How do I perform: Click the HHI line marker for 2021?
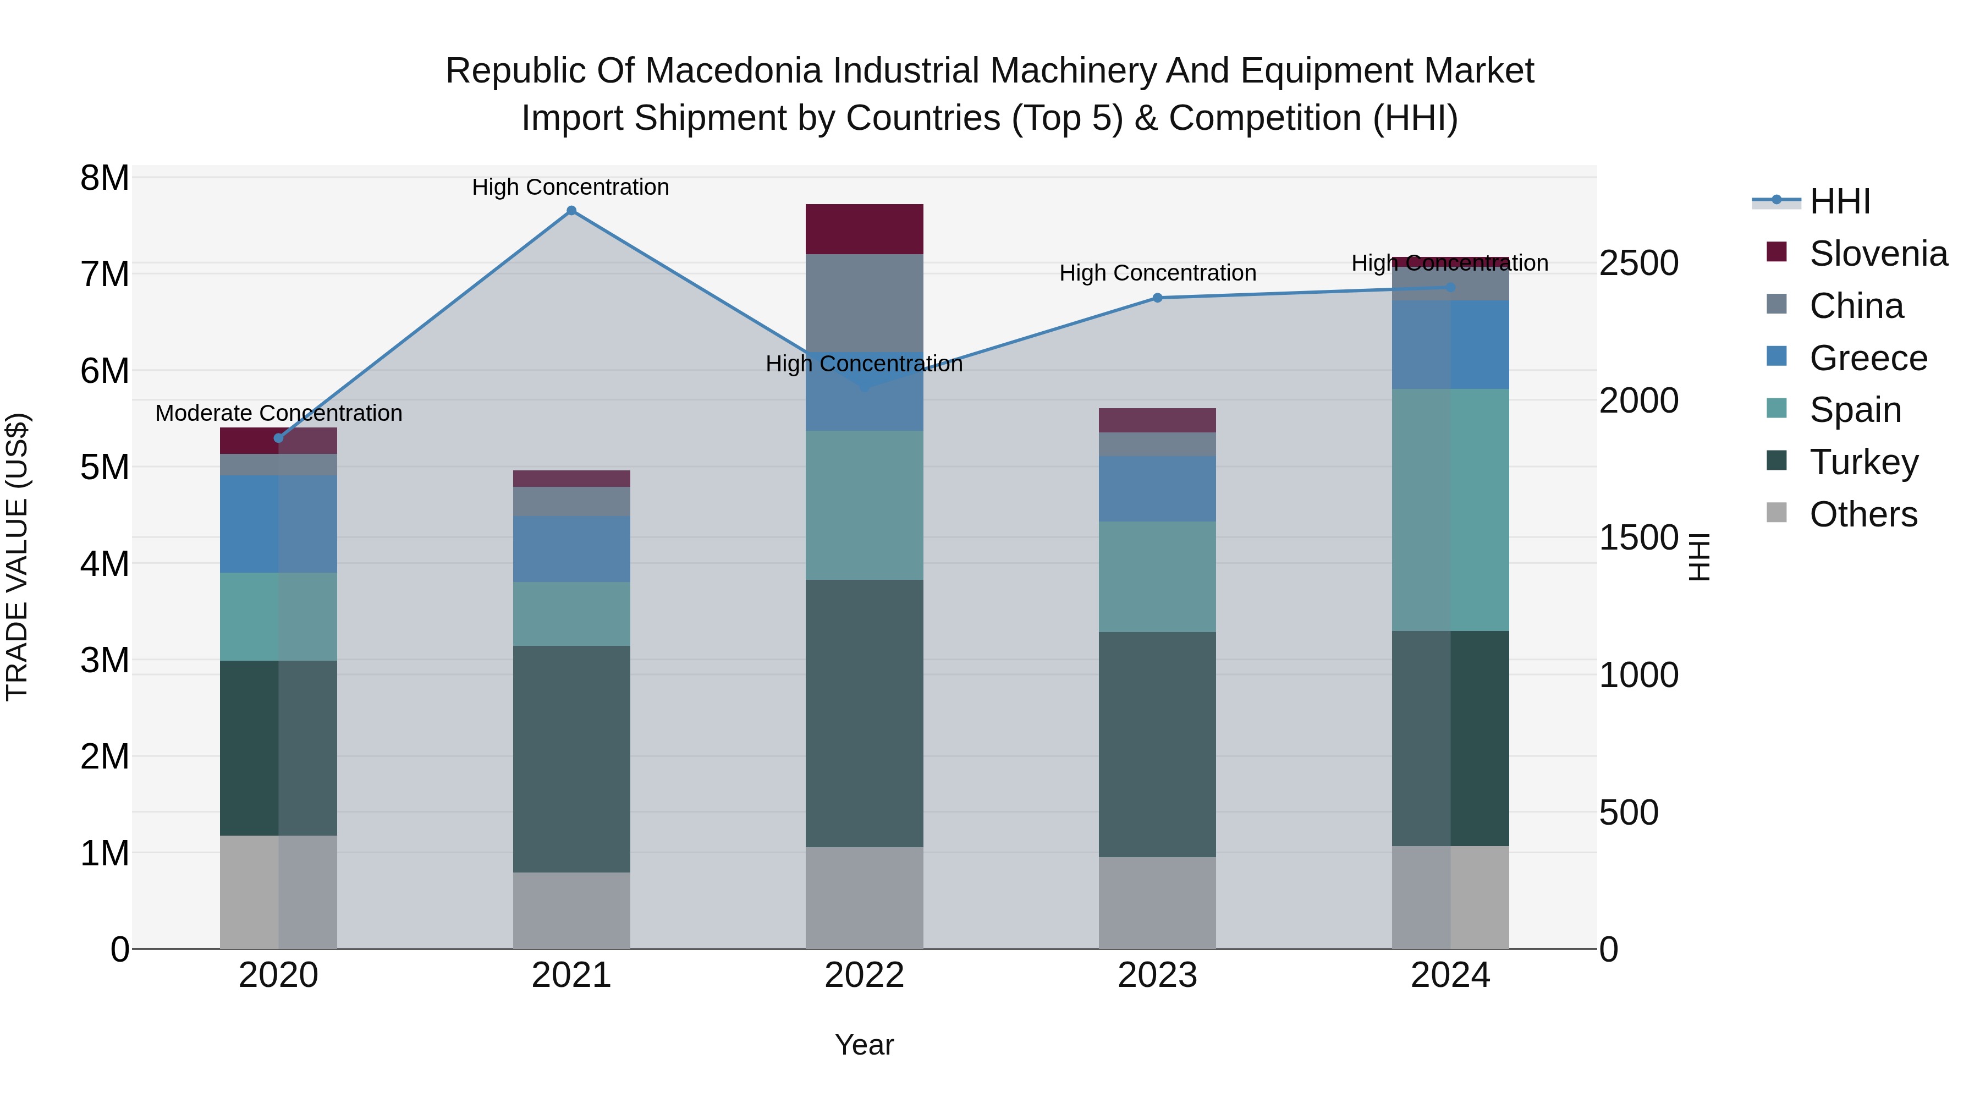click(x=571, y=211)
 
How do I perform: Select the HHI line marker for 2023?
click(x=1158, y=298)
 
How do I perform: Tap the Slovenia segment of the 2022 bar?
click(x=864, y=229)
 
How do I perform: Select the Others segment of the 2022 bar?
click(x=864, y=897)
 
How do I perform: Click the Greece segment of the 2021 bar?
click(x=571, y=549)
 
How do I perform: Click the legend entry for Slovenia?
click(x=1878, y=254)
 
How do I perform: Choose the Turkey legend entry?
click(x=1863, y=462)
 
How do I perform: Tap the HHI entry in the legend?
click(x=1839, y=201)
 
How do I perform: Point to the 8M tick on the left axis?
click(x=105, y=178)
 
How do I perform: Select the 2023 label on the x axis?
click(x=1157, y=975)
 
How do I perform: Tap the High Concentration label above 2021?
click(x=570, y=187)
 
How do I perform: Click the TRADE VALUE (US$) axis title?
click(x=17, y=557)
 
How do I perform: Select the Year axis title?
click(x=864, y=1045)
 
